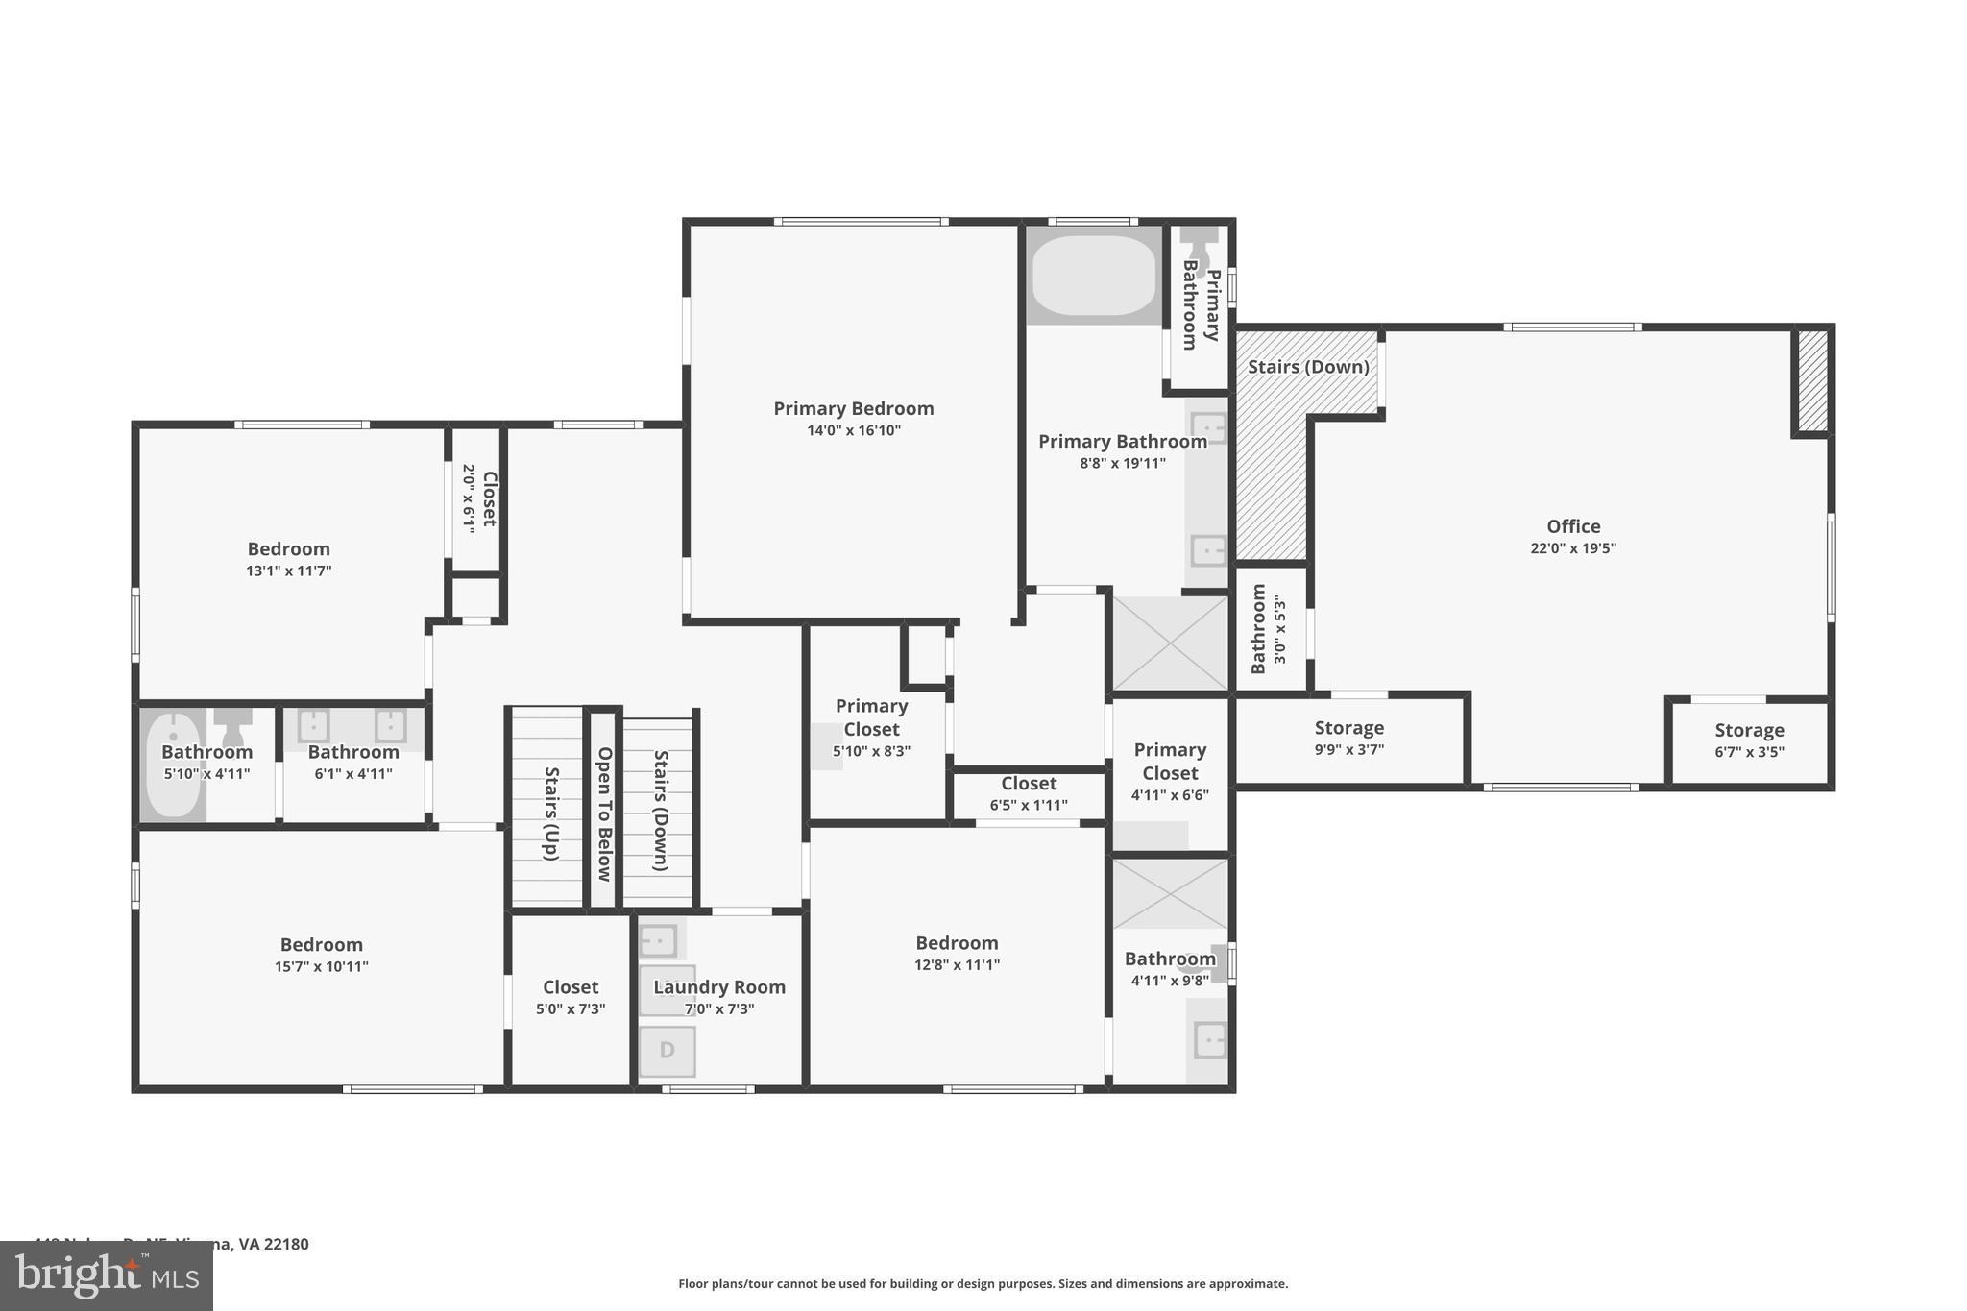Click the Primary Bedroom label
853,408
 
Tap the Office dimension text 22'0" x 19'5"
1572,548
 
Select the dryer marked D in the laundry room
667,1050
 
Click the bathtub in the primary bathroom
1094,275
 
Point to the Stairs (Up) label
551,813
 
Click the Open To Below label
604,813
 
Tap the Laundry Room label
719,986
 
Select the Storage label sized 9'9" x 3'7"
1348,728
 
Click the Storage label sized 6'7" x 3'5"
1749,730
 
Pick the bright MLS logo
107,1276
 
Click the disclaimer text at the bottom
983,1283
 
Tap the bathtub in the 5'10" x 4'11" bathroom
173,765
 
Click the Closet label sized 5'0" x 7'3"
571,986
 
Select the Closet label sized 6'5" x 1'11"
1028,784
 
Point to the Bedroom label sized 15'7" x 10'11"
321,944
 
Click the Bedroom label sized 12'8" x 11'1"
957,942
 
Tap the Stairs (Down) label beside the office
1307,367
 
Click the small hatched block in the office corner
1812,380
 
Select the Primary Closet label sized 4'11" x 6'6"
1170,761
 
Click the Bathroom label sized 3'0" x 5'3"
1258,628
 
